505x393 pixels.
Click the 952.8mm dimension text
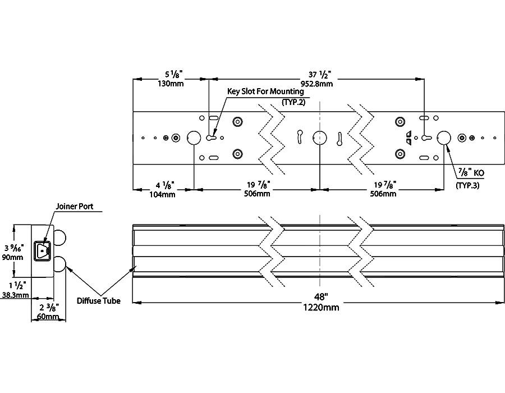point(316,84)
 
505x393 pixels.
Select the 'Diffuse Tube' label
point(98,301)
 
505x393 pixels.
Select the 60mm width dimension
point(48,317)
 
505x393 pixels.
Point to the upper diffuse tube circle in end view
point(60,238)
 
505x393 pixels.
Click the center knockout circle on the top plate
point(320,138)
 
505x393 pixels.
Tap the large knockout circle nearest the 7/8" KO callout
point(444,138)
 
